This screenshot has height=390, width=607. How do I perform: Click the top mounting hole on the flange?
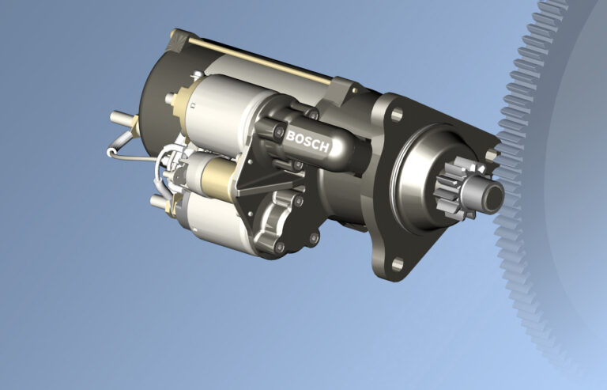pos(393,117)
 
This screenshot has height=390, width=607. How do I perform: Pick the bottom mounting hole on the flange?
pos(397,265)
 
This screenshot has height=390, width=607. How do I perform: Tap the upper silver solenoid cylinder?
pos(217,107)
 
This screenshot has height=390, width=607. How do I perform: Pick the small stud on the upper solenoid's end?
pos(171,99)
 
